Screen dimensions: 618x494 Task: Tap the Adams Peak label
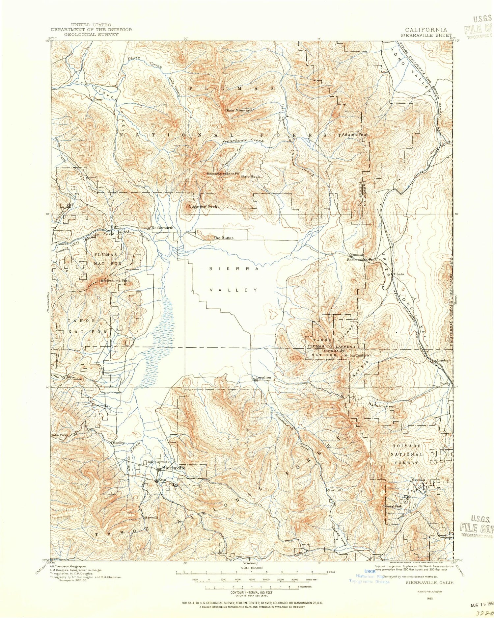[356, 135]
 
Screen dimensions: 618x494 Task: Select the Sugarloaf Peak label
[203, 207]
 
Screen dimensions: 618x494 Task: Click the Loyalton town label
[263, 377]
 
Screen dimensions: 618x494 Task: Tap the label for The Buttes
[224, 238]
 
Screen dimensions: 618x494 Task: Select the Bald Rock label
[251, 176]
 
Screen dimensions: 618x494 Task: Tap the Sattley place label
[119, 443]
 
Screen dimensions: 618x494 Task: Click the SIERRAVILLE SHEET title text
[426, 35]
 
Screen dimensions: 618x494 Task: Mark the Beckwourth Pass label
[362, 260]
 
